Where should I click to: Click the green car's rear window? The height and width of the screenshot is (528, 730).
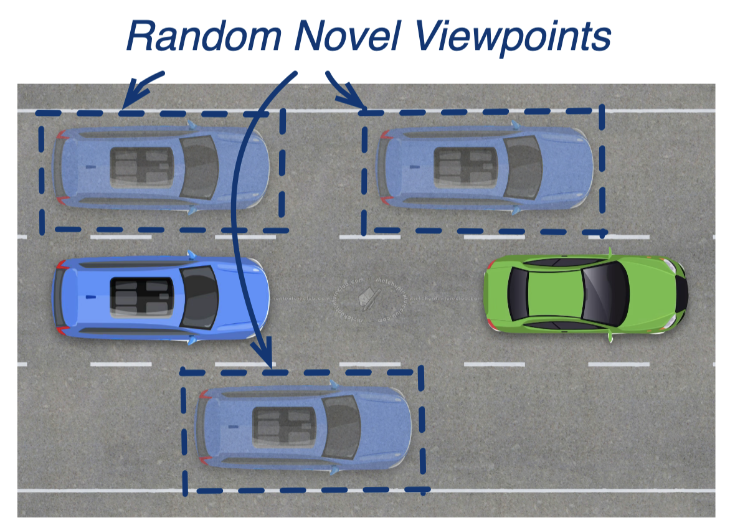coord(517,293)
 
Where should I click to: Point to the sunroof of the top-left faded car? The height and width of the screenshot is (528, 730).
coord(142,166)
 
